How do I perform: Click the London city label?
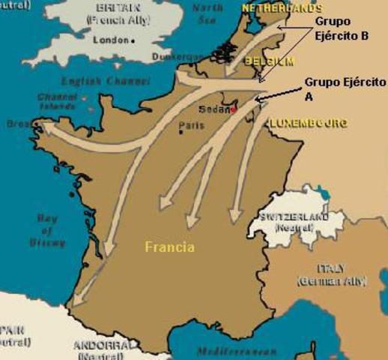(x=110, y=40)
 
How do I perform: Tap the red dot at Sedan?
(x=234, y=109)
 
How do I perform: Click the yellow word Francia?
(x=170, y=247)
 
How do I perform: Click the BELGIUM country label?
(x=267, y=61)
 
